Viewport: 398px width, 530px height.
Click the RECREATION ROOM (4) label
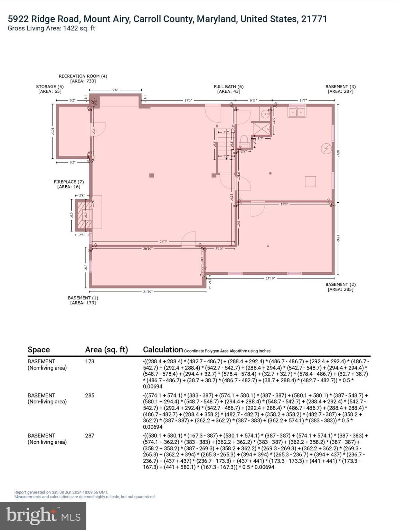point(83,76)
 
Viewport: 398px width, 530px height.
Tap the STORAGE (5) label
point(50,87)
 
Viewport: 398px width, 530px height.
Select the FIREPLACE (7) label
point(68,182)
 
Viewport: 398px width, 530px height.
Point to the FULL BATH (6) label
point(228,87)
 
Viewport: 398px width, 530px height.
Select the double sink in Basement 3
point(296,112)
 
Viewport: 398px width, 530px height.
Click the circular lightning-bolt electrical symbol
point(326,149)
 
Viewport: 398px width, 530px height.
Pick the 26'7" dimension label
point(163,242)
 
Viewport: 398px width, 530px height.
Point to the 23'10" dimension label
point(270,278)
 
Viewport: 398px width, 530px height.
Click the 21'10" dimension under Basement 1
point(148,292)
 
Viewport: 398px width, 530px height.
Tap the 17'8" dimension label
point(284,204)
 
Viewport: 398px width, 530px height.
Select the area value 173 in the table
point(89,362)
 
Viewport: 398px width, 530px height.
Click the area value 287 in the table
point(89,435)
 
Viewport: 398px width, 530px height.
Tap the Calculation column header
point(163,350)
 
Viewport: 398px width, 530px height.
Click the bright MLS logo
point(43,516)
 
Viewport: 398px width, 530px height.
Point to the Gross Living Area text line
point(51,29)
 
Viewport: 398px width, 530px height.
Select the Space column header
point(39,350)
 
